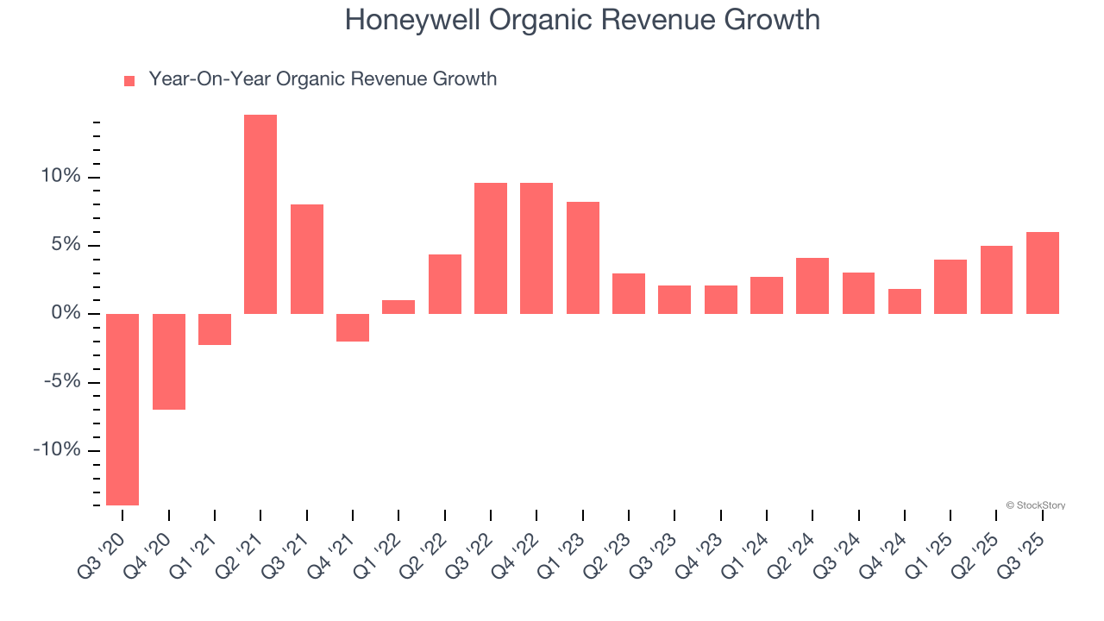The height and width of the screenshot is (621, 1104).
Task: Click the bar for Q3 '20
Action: coord(122,409)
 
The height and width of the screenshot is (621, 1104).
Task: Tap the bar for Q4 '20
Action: coord(169,361)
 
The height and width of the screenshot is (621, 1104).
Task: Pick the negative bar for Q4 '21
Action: coord(353,328)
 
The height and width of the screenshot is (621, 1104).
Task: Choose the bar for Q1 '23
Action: coord(583,258)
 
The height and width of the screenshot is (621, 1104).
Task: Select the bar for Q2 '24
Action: coord(812,285)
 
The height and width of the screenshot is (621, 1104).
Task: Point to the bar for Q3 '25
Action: coord(1043,273)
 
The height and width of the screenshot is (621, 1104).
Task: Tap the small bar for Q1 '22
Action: coord(398,307)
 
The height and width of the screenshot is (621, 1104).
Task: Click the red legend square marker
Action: coord(129,81)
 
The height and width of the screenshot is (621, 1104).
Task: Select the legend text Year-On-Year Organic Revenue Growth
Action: coord(323,79)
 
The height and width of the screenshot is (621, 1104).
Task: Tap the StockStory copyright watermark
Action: coord(1035,505)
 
